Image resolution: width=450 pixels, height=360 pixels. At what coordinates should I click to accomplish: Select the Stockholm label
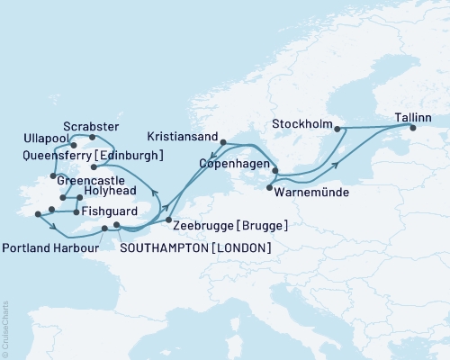coord(301,123)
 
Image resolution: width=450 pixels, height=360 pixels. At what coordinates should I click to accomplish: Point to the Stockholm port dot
coord(337,129)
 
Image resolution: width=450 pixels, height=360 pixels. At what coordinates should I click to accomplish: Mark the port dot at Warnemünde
coord(270,188)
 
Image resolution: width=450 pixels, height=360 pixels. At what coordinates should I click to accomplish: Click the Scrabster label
coord(89,125)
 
